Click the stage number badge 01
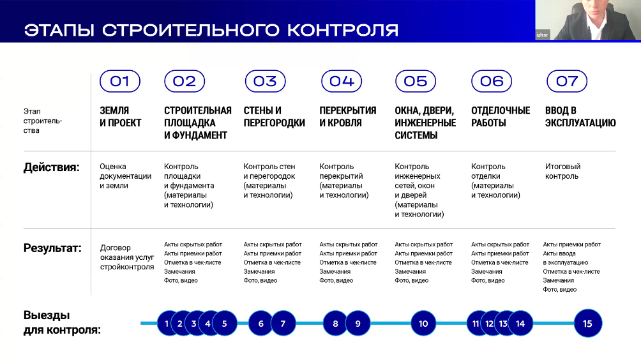119,81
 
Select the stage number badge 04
342,81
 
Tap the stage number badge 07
567,81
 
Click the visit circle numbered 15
587,324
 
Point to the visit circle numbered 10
423,324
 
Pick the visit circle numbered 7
283,324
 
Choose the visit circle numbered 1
167,324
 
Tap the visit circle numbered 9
358,324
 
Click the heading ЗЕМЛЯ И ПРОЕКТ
121,116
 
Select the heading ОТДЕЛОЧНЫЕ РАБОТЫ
501,116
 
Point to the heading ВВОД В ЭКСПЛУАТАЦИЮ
580,116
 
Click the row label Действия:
52,168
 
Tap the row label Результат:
52,248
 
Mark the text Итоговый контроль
563,171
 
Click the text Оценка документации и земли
126,176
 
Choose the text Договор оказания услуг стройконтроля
127,257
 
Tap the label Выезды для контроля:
62,322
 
